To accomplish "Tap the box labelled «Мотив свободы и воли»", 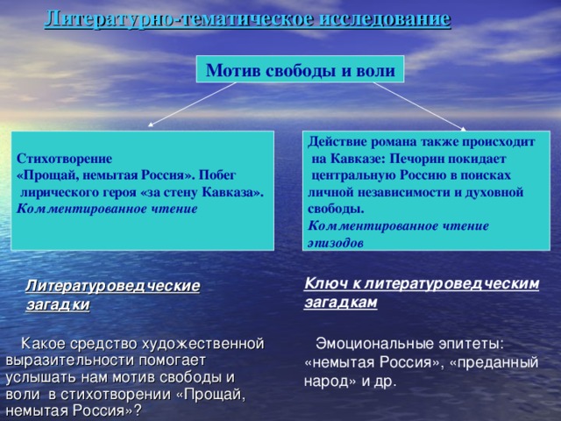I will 300,69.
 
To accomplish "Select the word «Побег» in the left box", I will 218,175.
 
